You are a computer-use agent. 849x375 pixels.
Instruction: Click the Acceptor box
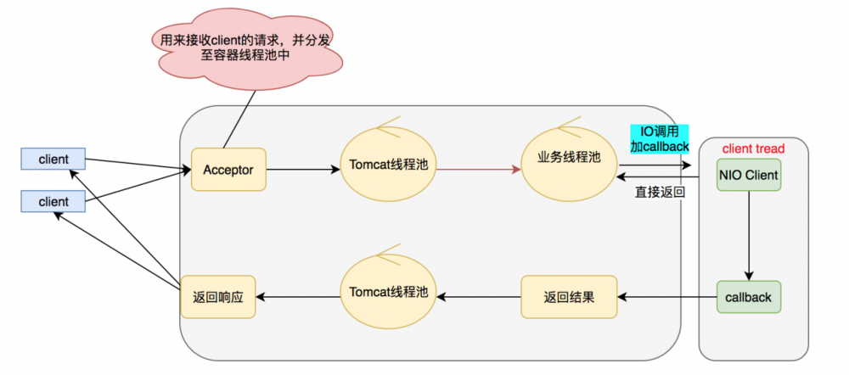tap(228, 170)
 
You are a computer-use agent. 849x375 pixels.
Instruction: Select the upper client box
tap(53, 160)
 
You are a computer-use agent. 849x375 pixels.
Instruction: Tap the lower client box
tap(53, 202)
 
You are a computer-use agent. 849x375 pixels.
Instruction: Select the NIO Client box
tap(749, 175)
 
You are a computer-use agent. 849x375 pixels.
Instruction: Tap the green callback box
tap(749, 297)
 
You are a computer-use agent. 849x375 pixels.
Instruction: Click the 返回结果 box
tap(569, 297)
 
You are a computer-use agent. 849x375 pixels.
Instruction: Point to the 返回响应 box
tap(217, 297)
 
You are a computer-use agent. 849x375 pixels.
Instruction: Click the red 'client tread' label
tap(753, 148)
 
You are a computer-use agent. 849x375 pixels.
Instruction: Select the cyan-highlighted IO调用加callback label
tap(660, 139)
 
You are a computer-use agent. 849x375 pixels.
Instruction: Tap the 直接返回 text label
tap(660, 192)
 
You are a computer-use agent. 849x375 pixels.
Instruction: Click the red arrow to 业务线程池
tap(479, 170)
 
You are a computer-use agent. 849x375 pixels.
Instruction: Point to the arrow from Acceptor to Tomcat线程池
tap(303, 170)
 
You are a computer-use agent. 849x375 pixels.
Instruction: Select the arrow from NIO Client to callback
tap(749, 235)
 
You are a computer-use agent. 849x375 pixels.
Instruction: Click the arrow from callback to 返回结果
tap(667, 297)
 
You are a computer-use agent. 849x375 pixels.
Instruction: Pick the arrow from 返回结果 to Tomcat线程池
tap(479, 297)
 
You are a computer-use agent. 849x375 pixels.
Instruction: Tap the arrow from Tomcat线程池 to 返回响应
tap(298, 297)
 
